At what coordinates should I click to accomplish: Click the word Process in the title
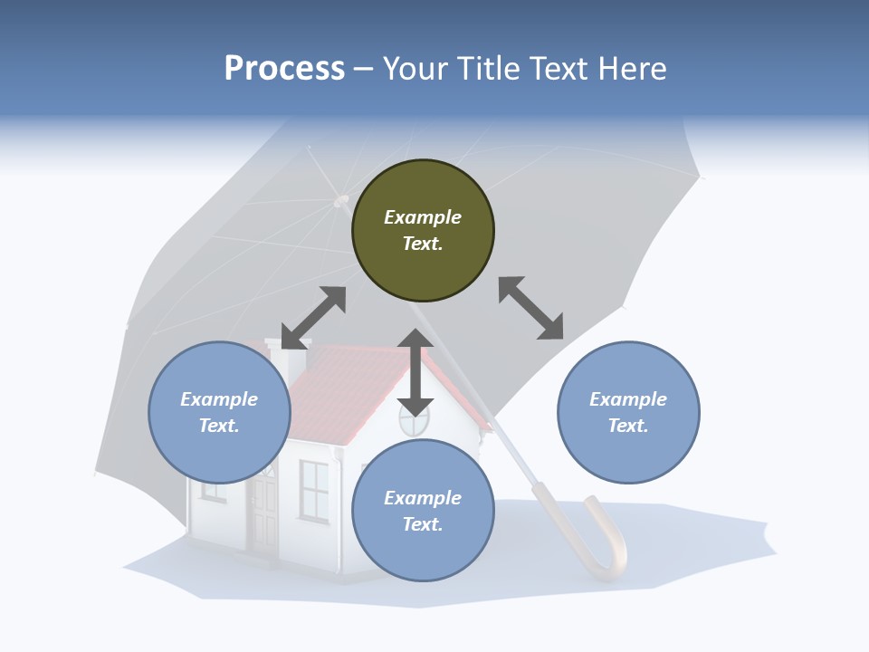284,69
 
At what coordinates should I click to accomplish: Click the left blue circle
219,412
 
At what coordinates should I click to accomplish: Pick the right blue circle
628,412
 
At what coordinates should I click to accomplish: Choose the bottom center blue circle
423,511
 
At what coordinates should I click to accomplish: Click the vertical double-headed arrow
415,372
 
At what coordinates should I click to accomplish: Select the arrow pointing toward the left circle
313,318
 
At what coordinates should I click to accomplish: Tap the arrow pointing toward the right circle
530,308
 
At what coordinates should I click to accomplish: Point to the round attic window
414,420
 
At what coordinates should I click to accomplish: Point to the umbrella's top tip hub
341,200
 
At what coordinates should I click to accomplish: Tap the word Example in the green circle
423,217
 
